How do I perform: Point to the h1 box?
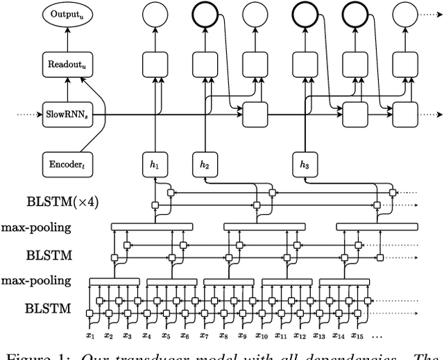(x=155, y=165)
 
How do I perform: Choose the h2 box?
(x=206, y=165)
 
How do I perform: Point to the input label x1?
(x=90, y=336)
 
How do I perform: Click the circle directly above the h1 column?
(x=155, y=15)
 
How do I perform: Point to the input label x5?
(x=165, y=336)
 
